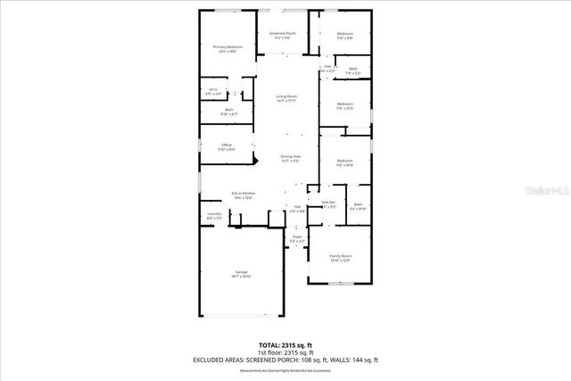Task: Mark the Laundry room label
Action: (214, 214)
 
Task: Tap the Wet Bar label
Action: (328, 203)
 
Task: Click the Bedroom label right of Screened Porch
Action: (345, 35)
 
